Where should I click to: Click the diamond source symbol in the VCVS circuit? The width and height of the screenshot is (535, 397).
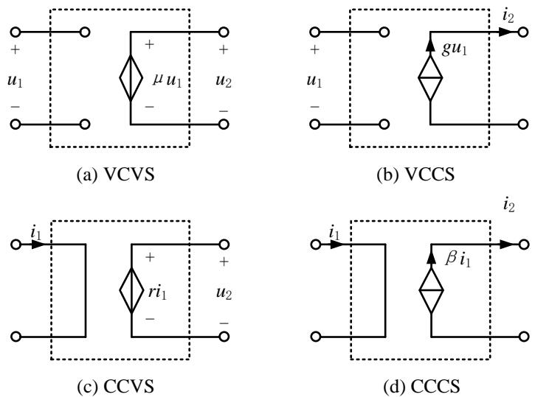tap(131, 77)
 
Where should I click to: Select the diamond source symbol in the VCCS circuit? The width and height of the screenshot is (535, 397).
tap(429, 78)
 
